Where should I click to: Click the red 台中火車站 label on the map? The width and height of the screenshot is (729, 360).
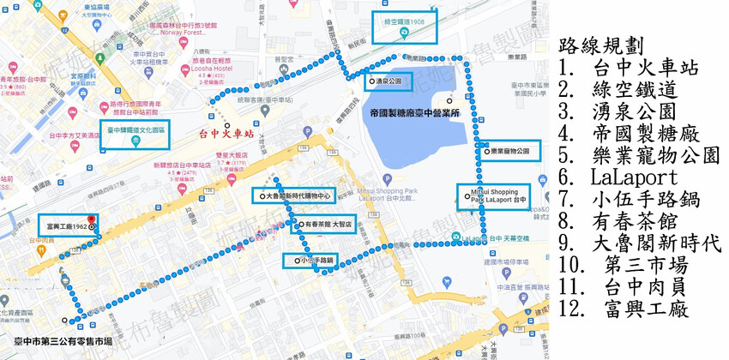[x=226, y=134]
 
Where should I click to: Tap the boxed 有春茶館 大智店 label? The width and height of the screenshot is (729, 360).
[x=325, y=226]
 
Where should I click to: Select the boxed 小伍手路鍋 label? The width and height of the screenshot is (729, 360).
[x=315, y=260]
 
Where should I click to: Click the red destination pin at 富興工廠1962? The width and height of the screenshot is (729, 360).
[x=91, y=220]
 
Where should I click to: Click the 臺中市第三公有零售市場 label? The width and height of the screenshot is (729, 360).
[x=57, y=341]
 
